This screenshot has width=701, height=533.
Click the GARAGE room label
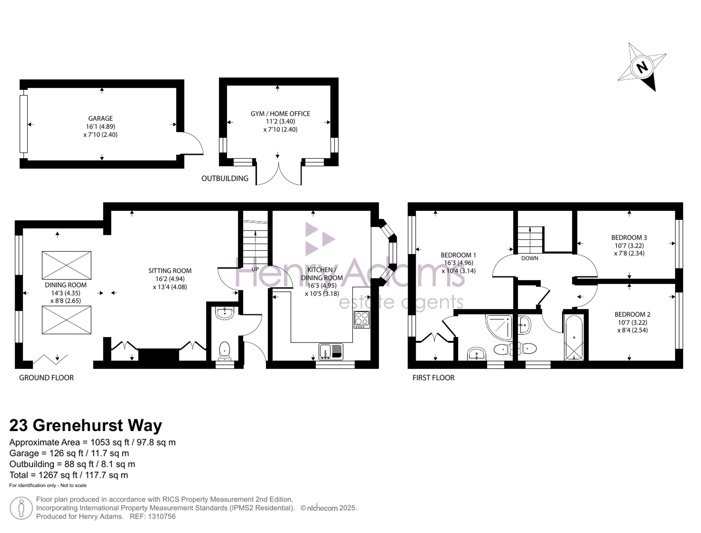pos(100,118)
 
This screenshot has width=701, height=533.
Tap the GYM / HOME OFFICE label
pos(280,114)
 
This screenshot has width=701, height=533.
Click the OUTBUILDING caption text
pos(225,178)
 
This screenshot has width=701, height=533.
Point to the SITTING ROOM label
pos(170,271)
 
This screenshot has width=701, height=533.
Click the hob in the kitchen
pos(362,320)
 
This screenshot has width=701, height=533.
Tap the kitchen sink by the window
pos(331,352)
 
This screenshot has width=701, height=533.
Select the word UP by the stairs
pos(255,269)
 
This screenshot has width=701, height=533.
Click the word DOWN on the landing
pos(530,258)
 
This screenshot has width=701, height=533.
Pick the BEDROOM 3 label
pos(629,238)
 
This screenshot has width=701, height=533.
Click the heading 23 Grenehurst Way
pos(86,425)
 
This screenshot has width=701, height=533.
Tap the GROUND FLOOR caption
pos(46,378)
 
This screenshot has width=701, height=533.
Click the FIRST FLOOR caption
pos(433,378)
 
